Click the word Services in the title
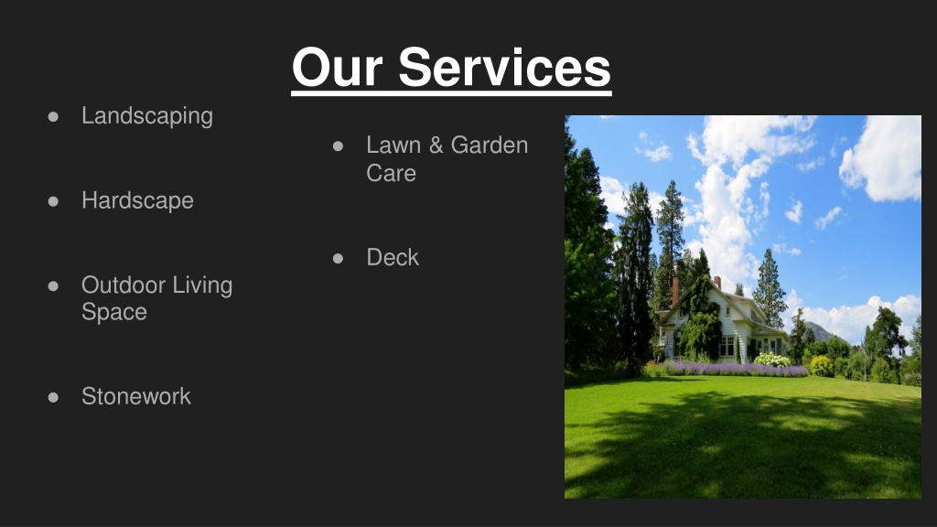(x=504, y=67)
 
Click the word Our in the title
(x=337, y=67)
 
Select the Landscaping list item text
(x=147, y=116)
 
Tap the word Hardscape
(x=137, y=200)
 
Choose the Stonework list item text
(x=136, y=396)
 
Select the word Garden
(x=490, y=145)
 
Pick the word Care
(x=391, y=173)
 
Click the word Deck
(x=393, y=257)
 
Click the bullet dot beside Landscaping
(x=53, y=116)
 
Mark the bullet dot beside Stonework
(x=53, y=397)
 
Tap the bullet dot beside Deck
(x=339, y=258)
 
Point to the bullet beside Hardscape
(x=53, y=201)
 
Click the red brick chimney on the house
(x=675, y=292)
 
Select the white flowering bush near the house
(x=772, y=360)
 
